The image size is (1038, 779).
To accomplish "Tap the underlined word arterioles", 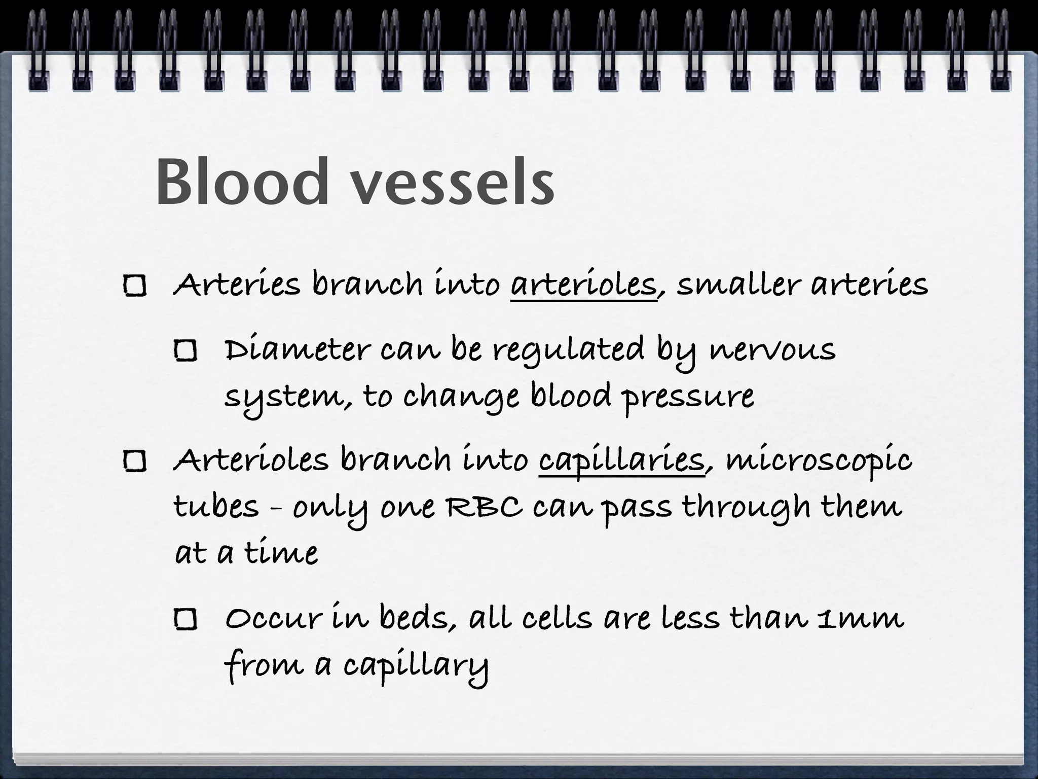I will pyautogui.click(x=583, y=285).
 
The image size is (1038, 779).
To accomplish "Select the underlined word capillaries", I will pyautogui.click(x=622, y=461).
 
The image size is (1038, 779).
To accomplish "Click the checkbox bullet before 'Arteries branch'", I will pyautogui.click(x=135, y=287).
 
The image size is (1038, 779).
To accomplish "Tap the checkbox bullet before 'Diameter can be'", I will pyautogui.click(x=186, y=350).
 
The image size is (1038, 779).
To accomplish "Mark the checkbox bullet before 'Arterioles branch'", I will pyautogui.click(x=135, y=462).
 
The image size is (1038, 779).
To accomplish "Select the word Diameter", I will pyautogui.click(x=298, y=350).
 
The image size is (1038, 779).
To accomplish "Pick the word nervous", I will pyautogui.click(x=771, y=350).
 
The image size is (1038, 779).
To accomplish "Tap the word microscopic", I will pyautogui.click(x=819, y=461).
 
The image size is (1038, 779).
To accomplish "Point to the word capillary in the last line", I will pyautogui.click(x=416, y=665).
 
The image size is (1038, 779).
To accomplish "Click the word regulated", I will pyautogui.click(x=568, y=350).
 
